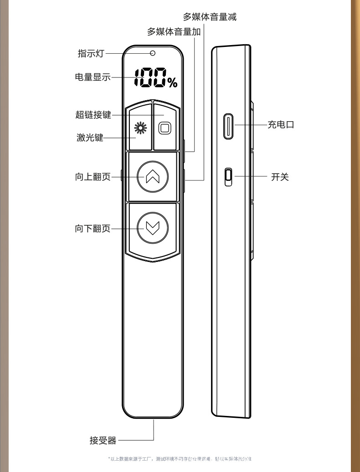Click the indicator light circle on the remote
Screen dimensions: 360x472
(153, 53)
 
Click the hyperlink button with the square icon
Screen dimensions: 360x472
(165, 128)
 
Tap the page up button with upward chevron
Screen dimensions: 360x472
(153, 177)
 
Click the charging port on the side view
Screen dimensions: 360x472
(229, 126)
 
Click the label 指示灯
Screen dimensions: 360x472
(91, 54)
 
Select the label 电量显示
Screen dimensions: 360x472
(93, 77)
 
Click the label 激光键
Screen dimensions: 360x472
(90, 138)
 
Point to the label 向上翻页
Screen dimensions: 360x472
(93, 177)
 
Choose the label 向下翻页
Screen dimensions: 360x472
(93, 229)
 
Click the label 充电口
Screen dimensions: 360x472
(281, 124)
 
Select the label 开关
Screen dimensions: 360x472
(280, 177)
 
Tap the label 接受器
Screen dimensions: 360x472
(103, 441)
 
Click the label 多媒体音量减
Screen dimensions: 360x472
(210, 17)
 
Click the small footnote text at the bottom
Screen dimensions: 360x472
(180, 459)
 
